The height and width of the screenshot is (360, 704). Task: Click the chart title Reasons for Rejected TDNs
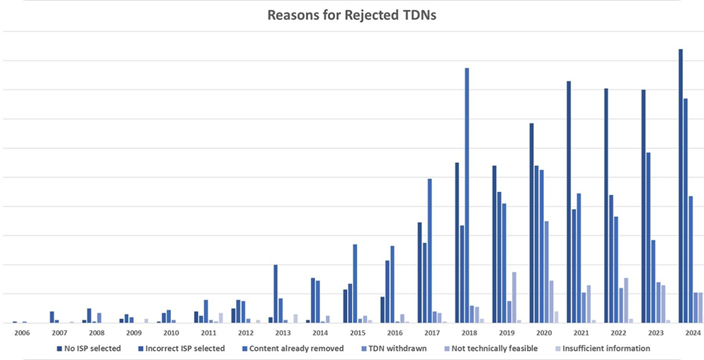pos(351,15)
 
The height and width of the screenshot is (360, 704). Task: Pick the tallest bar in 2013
pos(276,293)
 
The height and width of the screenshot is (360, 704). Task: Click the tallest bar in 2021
pos(569,202)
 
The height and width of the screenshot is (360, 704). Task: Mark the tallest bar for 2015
pos(355,283)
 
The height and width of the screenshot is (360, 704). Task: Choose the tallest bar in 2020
pos(531,223)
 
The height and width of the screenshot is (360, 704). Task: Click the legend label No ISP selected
pos(92,348)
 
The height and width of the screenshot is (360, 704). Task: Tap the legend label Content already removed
pos(296,348)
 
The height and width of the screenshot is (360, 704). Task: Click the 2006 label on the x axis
pos(22,332)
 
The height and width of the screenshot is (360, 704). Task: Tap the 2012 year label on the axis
pos(245,332)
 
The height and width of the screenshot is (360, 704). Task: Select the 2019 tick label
pos(506,332)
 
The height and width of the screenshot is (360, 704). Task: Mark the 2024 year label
pos(693,332)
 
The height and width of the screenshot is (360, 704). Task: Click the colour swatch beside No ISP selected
pos(59,348)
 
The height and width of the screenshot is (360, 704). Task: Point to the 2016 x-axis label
pos(394,332)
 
